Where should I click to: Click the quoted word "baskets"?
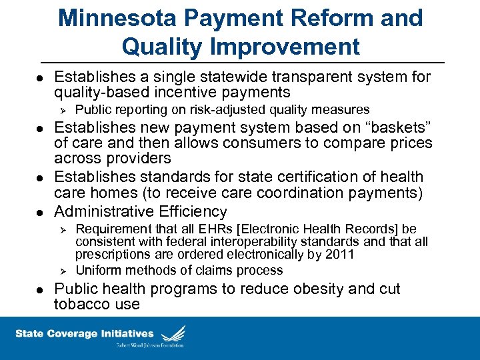click(x=393, y=127)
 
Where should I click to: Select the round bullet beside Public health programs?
click(x=41, y=290)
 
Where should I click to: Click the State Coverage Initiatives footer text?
click(x=84, y=334)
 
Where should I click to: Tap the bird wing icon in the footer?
click(x=174, y=333)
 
